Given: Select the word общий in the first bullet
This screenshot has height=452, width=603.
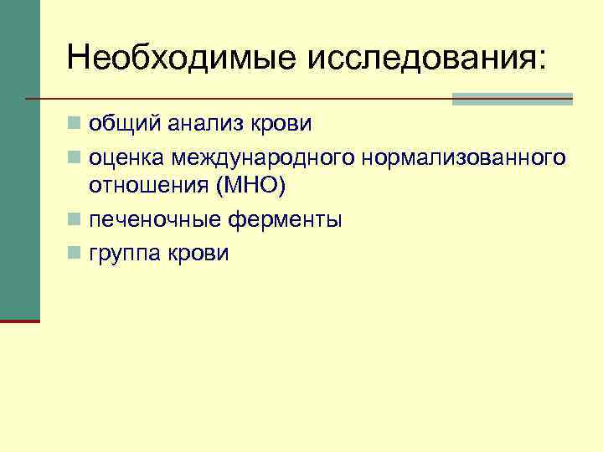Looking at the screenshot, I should (126, 124).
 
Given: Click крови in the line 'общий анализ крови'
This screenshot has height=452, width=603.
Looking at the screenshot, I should (283, 124).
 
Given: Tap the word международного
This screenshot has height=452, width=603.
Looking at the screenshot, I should (261, 158).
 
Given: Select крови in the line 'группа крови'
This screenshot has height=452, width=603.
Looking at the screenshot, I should (200, 254).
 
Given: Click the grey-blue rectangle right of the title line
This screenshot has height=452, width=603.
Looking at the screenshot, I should (512, 99).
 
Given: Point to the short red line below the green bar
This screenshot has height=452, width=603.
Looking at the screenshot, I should (20, 321).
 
